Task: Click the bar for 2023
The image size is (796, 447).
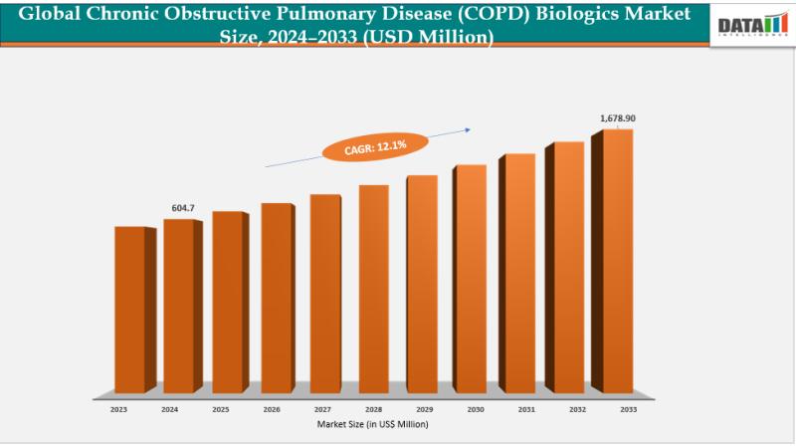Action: coord(130,309)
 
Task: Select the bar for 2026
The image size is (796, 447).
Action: coord(277,297)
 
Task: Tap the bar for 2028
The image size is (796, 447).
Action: coord(374,288)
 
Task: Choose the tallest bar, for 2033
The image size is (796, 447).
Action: coord(618,261)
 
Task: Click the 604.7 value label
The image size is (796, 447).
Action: coord(183,208)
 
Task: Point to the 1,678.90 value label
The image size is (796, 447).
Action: coord(617,118)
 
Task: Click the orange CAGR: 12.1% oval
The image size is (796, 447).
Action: coord(376,146)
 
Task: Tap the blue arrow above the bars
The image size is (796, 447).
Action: coord(368,145)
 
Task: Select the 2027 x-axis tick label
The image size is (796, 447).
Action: coord(323,408)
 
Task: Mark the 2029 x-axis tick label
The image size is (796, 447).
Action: coord(424,408)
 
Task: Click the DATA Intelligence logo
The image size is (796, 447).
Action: coord(753,24)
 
